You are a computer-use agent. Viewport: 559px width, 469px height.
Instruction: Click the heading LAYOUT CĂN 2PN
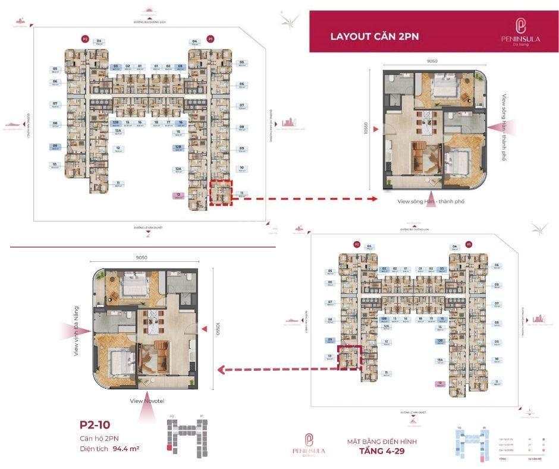pos(375,36)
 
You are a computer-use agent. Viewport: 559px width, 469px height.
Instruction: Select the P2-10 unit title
pos(95,425)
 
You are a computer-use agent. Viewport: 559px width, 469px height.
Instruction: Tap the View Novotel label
pos(145,401)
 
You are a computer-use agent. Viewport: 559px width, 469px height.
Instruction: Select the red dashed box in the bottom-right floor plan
pos(349,358)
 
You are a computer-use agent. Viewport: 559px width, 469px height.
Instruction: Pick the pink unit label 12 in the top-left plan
pos(177,195)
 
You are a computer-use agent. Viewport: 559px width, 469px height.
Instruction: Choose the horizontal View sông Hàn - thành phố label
pos(431,202)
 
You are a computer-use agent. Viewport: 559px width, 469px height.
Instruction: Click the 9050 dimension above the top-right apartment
pos(432,61)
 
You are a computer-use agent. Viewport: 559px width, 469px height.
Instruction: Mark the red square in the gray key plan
pos(170,447)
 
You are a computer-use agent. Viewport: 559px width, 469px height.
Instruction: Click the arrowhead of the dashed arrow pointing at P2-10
pos(219,370)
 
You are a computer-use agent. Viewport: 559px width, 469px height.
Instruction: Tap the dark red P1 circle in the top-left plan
pos(211,39)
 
